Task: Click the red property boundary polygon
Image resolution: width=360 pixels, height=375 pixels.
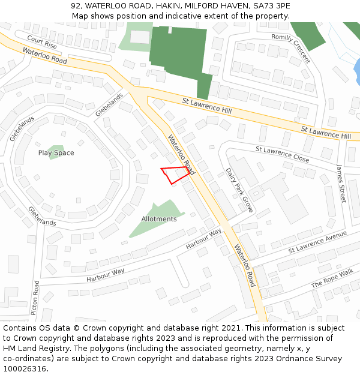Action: (x=175, y=175)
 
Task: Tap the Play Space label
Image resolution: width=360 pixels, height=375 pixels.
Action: (x=56, y=153)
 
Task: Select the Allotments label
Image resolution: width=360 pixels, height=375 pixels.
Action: (x=159, y=219)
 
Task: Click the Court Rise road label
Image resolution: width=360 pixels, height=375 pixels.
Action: (x=42, y=43)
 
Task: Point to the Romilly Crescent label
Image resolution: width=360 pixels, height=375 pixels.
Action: (x=290, y=47)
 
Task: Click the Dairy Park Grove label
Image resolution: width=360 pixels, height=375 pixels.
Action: (x=239, y=190)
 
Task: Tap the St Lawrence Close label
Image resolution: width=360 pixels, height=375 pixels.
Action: (x=282, y=154)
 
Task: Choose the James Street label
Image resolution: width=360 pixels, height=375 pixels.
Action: (x=341, y=183)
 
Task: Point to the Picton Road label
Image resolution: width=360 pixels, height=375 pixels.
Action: (x=36, y=298)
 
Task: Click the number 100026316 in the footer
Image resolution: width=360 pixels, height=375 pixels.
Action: (x=25, y=368)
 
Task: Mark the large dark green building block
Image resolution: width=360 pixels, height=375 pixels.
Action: (x=178, y=51)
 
